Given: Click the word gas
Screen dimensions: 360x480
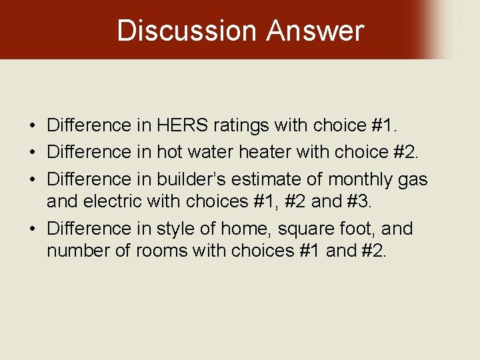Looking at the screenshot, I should (414, 179).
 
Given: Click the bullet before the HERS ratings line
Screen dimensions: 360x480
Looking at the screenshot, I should (32, 125).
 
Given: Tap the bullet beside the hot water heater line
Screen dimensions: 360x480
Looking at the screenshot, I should (32, 153).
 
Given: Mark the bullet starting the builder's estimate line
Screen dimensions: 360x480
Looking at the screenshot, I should (32, 180).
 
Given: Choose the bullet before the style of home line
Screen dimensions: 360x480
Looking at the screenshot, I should (32, 229).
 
